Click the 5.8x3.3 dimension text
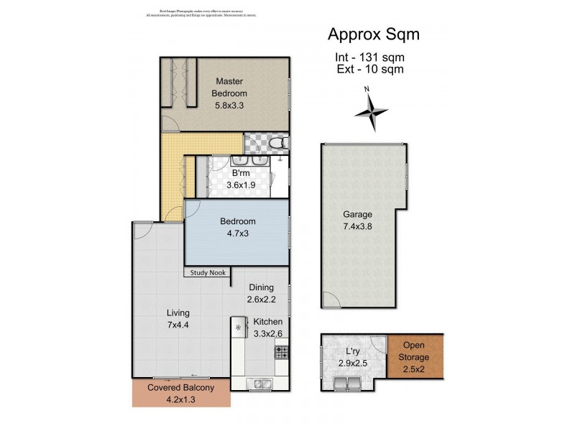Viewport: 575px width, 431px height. pos(231,106)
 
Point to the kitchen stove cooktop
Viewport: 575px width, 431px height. pos(281,353)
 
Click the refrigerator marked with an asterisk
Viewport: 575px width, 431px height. pos(238,328)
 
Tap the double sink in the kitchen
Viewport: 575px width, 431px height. pos(259,383)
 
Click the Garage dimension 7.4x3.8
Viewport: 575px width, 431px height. pos(356,226)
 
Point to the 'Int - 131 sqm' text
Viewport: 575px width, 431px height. pos(369,57)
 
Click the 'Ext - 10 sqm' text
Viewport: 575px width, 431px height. pos(369,70)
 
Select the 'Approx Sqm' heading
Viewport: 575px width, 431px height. pos(373,34)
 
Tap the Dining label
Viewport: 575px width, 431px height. pos(261,287)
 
